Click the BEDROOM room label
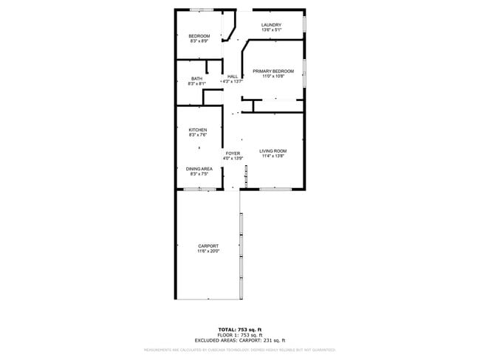click(199, 36)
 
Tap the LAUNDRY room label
click(272, 25)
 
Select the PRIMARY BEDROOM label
click(273, 71)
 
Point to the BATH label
click(196, 79)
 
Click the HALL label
click(233, 77)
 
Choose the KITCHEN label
click(197, 130)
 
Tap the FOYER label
click(233, 153)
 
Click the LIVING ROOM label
click(272, 151)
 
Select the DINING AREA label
click(199, 169)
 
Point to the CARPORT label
click(208, 246)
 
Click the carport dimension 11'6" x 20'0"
click(208, 251)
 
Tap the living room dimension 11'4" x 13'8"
click(272, 156)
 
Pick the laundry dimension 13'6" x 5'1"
click(272, 30)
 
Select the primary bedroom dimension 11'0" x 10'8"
click(273, 76)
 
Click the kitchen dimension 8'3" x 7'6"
click(197, 135)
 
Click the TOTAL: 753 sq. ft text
click(239, 329)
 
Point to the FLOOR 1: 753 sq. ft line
click(239, 334)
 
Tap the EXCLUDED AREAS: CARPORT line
click(239, 340)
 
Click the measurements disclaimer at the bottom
click(239, 350)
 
